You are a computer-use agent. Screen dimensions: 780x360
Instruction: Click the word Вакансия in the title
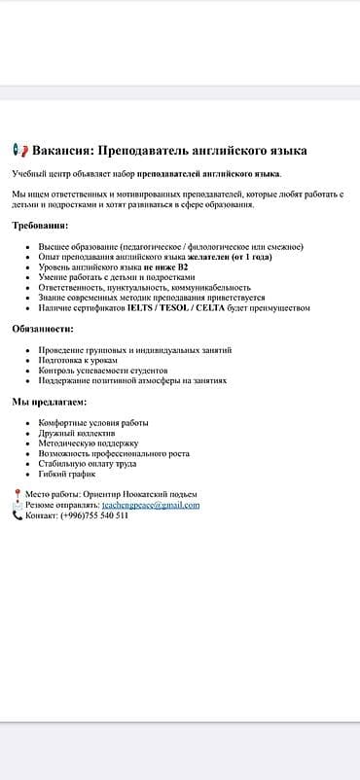click(63, 151)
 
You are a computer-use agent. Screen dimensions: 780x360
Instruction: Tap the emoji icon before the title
click(19, 151)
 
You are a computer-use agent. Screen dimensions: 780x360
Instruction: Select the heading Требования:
click(40, 226)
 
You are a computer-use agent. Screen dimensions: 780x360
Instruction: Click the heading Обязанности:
click(42, 329)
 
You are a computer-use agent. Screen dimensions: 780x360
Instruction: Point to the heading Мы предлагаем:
click(49, 401)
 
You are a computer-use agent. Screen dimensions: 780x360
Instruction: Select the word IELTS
click(144, 307)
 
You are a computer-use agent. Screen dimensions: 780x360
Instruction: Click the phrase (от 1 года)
click(250, 257)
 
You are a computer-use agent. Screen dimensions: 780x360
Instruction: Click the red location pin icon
click(18, 495)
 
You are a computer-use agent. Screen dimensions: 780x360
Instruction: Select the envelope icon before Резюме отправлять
click(18, 505)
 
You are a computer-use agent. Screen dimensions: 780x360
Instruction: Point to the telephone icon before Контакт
click(18, 515)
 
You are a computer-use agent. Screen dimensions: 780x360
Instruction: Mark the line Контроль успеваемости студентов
click(103, 371)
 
